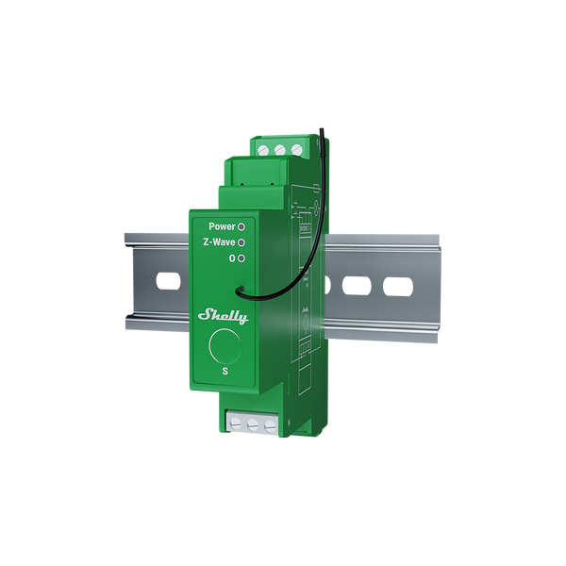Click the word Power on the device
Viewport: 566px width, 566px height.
point(222,227)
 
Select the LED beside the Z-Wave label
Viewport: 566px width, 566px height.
point(241,242)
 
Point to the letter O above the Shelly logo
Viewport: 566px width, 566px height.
point(231,258)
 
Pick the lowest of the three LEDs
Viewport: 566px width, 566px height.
point(241,258)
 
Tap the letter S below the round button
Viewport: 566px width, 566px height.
point(225,372)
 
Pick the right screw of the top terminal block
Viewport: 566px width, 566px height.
point(296,148)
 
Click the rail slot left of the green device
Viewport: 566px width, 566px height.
point(166,281)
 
